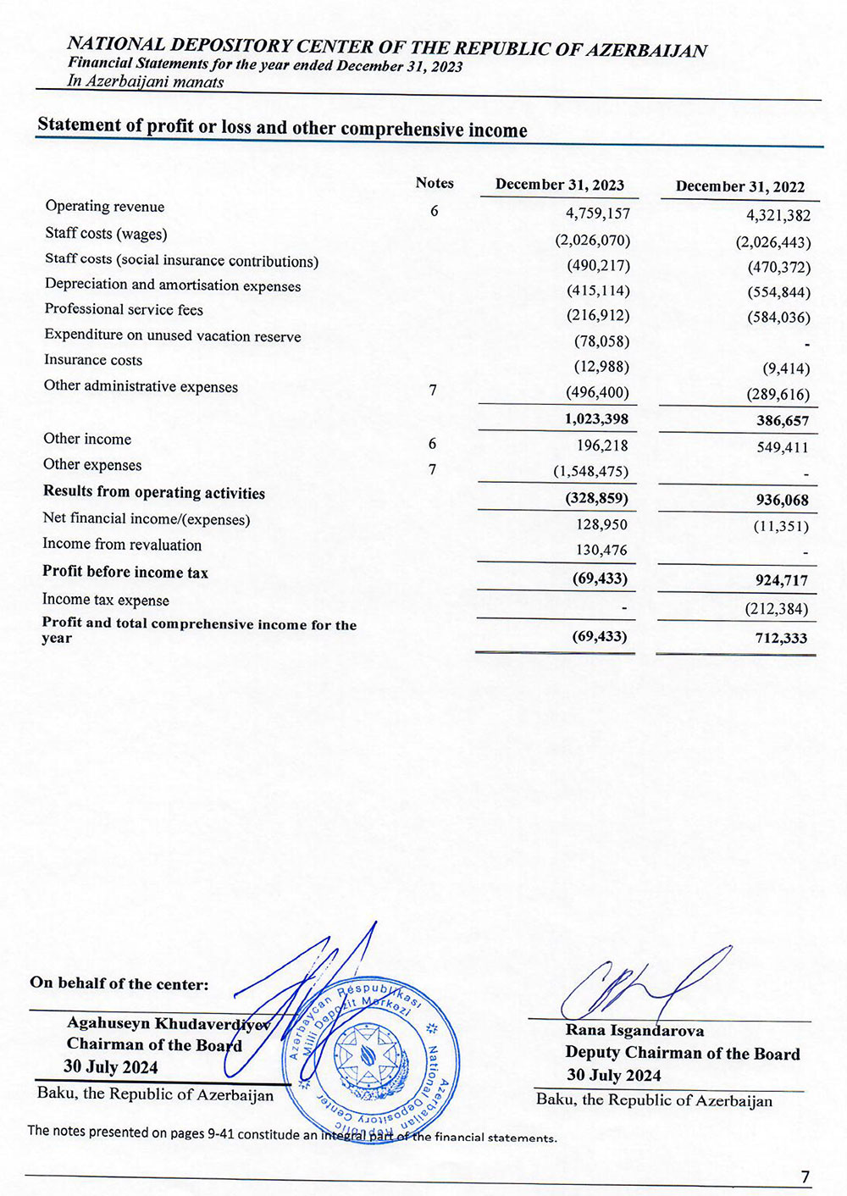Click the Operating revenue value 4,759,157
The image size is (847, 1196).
pyautogui.click(x=598, y=213)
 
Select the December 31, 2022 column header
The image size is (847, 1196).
pyautogui.click(x=739, y=186)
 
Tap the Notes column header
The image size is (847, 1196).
pyautogui.click(x=435, y=183)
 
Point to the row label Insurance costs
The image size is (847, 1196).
pyautogui.click(x=93, y=360)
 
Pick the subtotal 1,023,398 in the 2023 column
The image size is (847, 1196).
pyautogui.click(x=596, y=418)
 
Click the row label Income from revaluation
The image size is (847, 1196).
pyautogui.click(x=122, y=545)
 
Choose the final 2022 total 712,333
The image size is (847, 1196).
pyautogui.click(x=781, y=638)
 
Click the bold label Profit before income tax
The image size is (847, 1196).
pyautogui.click(x=125, y=572)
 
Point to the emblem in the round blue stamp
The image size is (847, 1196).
pyautogui.click(x=370, y=1055)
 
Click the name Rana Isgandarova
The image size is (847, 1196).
pyautogui.click(x=634, y=1031)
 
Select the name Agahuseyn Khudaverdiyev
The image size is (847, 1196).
pyautogui.click(x=168, y=1023)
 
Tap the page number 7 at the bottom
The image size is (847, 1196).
pyautogui.click(x=805, y=1177)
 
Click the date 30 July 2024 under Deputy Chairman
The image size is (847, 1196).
pyautogui.click(x=613, y=1075)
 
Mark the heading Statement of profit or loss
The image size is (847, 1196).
pyautogui.click(x=282, y=127)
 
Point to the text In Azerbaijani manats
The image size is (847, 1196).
pyautogui.click(x=146, y=82)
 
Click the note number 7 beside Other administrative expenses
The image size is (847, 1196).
pyautogui.click(x=433, y=390)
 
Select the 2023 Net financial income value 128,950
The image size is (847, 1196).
pyautogui.click(x=601, y=524)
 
